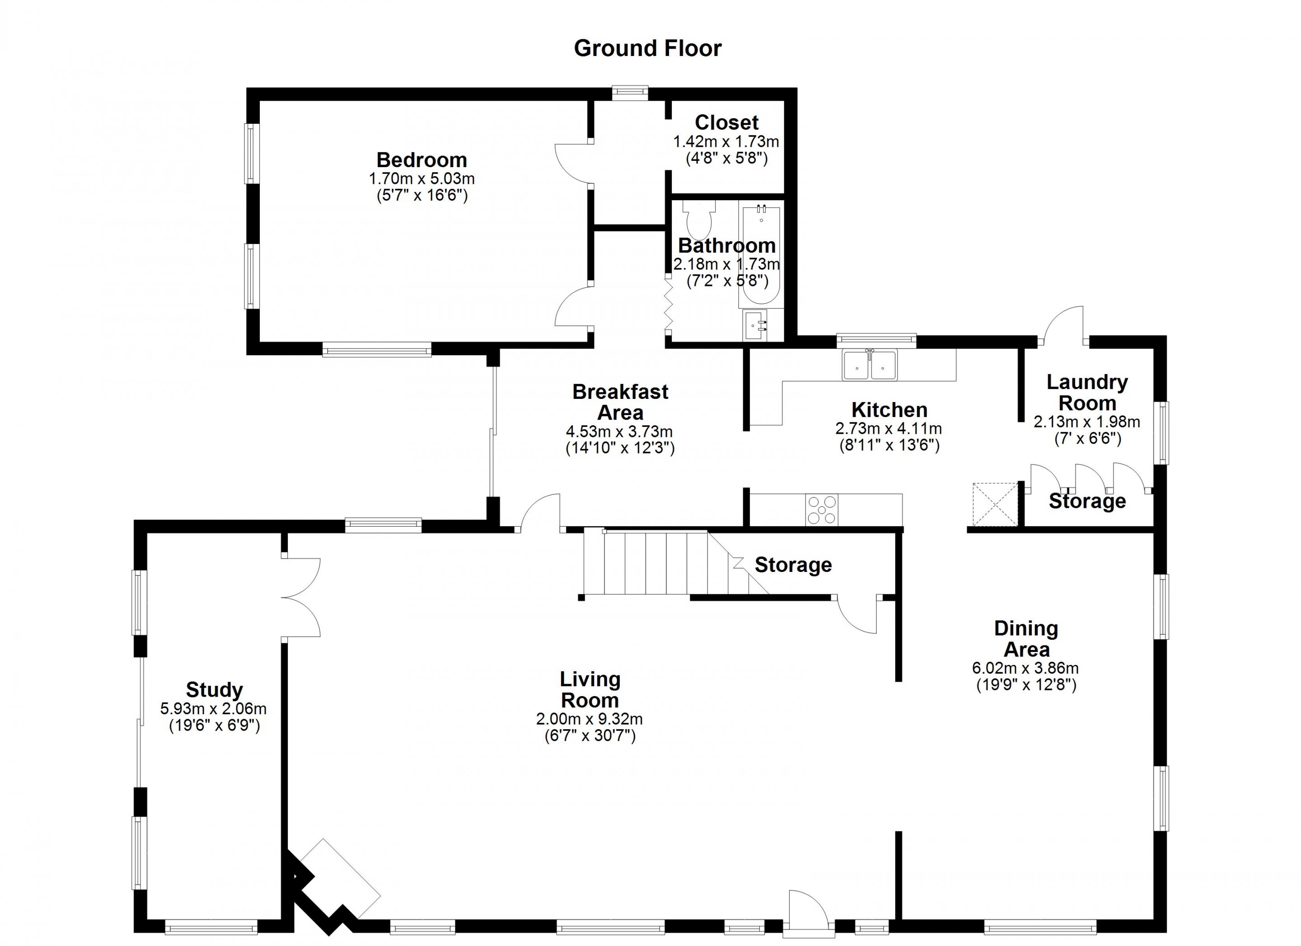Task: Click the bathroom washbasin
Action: click(x=755, y=325)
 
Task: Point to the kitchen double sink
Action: click(x=869, y=365)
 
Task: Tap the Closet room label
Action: click(x=726, y=122)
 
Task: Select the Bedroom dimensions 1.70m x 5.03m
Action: click(x=421, y=178)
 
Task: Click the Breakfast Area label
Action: click(x=620, y=402)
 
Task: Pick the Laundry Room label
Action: click(x=1087, y=393)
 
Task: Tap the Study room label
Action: click(x=214, y=689)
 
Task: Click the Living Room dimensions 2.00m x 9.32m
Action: click(x=589, y=719)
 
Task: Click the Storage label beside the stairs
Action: click(x=793, y=565)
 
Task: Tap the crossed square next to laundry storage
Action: click(x=995, y=504)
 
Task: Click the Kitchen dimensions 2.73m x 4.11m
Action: click(x=889, y=428)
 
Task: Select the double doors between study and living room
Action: click(x=301, y=597)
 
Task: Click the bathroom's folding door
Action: click(x=668, y=303)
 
